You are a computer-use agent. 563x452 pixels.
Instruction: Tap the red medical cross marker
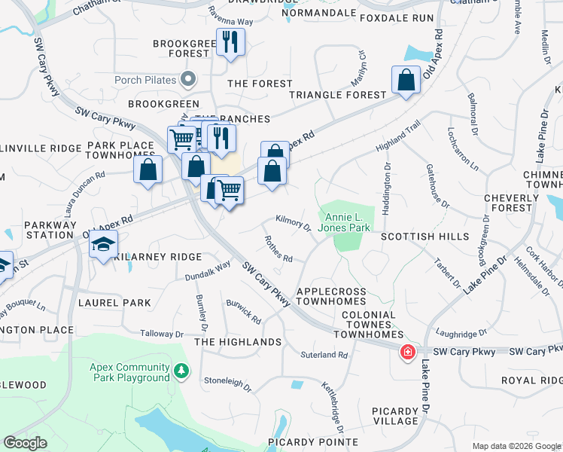point(408,353)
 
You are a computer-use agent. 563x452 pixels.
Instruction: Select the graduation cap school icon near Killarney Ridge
point(103,245)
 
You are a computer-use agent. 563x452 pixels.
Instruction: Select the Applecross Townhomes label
point(336,296)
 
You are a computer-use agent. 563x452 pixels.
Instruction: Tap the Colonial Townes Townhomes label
point(368,321)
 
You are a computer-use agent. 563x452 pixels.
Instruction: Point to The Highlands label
point(238,342)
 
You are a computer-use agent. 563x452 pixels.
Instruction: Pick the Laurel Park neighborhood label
point(114,303)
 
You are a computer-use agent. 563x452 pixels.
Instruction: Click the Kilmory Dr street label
point(294,224)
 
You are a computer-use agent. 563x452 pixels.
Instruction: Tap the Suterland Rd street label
point(324,354)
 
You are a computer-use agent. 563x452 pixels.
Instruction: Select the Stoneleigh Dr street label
point(227,383)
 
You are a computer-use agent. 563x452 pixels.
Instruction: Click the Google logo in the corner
point(25,443)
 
